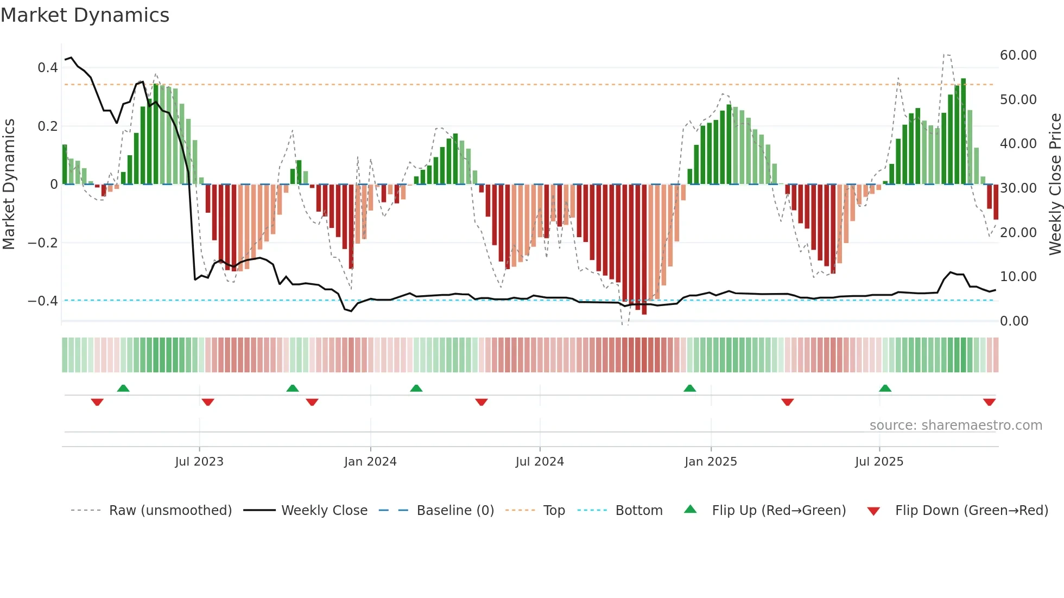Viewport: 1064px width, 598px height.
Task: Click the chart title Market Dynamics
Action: click(85, 15)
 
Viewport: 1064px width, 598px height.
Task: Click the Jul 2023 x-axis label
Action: click(199, 461)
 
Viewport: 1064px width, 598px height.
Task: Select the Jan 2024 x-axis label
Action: click(370, 461)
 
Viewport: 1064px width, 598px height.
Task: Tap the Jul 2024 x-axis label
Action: click(540, 461)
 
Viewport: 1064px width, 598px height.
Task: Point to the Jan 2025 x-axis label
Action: click(711, 461)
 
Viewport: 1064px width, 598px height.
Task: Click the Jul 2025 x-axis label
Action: click(879, 461)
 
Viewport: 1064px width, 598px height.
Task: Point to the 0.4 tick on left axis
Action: click(48, 68)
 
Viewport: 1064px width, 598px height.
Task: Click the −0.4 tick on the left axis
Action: click(43, 301)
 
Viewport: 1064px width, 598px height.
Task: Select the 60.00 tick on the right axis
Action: click(1018, 55)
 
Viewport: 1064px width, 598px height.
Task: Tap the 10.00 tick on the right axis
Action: click(1018, 277)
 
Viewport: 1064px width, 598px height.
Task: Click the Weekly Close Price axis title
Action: click(1055, 185)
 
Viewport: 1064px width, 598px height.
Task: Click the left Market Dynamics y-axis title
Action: click(9, 185)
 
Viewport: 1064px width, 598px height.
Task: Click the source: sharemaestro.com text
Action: click(955, 425)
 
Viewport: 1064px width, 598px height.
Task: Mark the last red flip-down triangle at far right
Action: click(989, 402)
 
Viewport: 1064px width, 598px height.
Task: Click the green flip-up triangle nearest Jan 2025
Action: click(689, 388)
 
